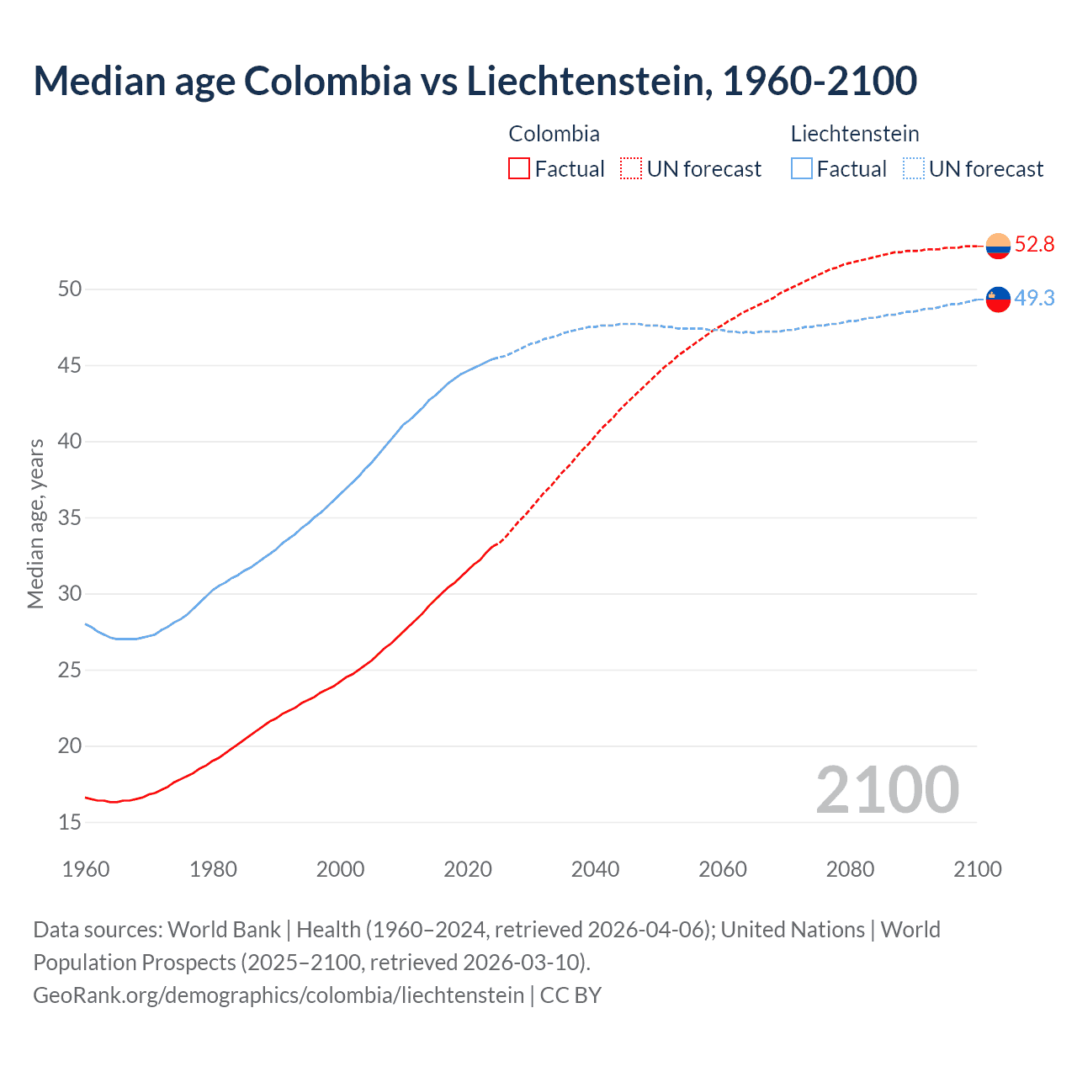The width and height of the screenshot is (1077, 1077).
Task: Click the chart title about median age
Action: (x=475, y=81)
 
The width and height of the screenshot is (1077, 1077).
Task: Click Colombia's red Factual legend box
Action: (x=519, y=169)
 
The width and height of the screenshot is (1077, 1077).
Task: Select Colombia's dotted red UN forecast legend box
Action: (x=631, y=169)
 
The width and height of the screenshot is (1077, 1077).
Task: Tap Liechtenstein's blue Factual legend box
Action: (x=802, y=169)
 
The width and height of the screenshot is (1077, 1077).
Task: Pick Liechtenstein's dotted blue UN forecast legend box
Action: (x=914, y=169)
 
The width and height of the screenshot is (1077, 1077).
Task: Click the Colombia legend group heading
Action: (x=554, y=134)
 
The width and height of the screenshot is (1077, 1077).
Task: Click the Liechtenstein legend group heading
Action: (x=854, y=134)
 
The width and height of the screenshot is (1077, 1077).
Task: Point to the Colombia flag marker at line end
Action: (x=998, y=246)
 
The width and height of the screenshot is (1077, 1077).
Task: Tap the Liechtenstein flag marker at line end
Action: (x=998, y=299)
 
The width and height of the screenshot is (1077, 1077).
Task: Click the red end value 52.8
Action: (x=1034, y=245)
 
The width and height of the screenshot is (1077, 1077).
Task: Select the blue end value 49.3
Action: (x=1034, y=299)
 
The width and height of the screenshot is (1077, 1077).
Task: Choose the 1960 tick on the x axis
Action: (x=86, y=869)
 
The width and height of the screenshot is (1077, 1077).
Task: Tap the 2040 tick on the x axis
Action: (x=595, y=869)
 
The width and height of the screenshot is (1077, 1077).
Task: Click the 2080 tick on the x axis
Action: (x=850, y=869)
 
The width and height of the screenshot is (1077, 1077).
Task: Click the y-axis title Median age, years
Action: (x=35, y=523)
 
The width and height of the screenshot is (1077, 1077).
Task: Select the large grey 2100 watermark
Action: (x=887, y=790)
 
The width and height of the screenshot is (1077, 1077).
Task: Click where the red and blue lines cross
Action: (x=714, y=330)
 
